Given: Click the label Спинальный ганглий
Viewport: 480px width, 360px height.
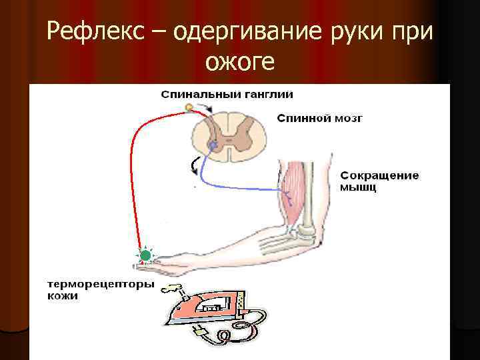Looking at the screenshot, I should tap(227, 94).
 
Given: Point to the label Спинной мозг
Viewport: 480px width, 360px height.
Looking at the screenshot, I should tap(319, 119).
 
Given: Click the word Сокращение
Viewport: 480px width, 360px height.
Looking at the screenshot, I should tap(379, 176).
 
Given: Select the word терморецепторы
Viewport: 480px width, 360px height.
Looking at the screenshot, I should tap(100, 285).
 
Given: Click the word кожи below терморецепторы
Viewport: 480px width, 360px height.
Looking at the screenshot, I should tap(63, 296).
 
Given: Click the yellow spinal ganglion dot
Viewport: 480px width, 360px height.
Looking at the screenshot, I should tap(189, 107).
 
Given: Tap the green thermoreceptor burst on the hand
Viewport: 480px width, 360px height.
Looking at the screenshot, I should tap(145, 255).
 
